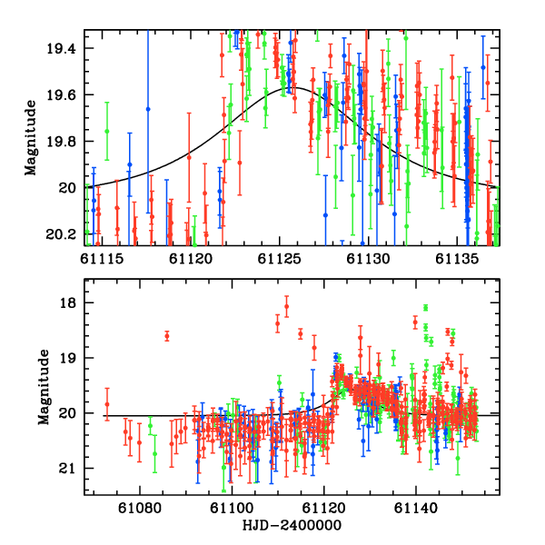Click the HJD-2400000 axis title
pos(292,526)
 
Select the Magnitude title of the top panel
pos(31,136)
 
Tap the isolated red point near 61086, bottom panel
pos(167,336)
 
